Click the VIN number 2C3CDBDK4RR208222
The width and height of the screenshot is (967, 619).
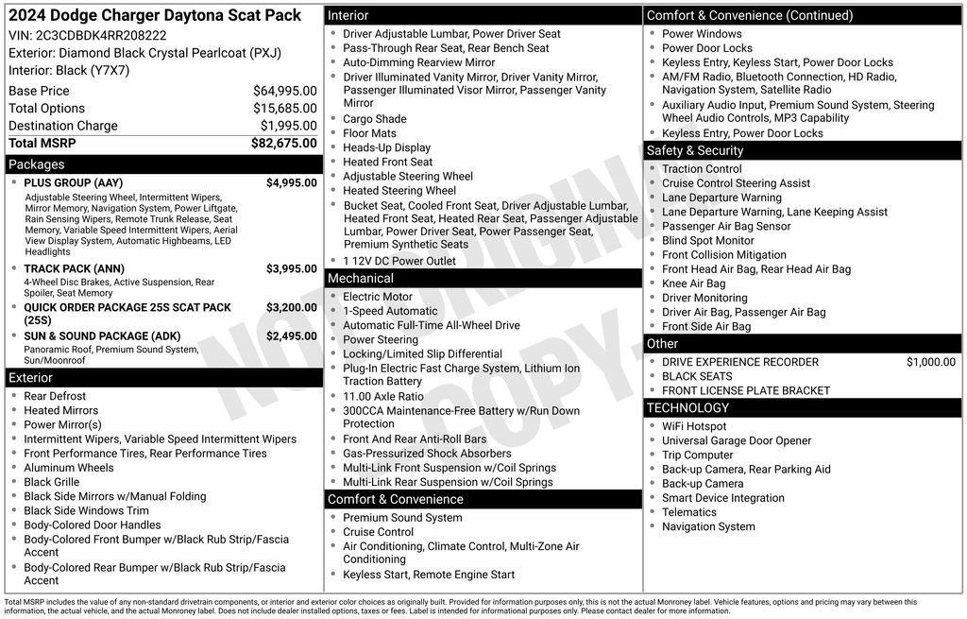coord(100,35)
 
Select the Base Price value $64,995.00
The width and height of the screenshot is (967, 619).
coord(284,91)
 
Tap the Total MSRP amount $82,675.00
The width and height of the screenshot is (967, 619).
coord(283,143)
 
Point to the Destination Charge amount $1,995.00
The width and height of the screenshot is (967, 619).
coord(288,126)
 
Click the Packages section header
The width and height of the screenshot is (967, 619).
coord(37,164)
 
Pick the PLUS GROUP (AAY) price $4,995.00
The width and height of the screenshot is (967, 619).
coord(291,183)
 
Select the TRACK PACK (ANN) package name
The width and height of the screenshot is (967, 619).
coord(74,268)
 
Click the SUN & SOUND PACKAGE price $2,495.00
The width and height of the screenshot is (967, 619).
coord(291,336)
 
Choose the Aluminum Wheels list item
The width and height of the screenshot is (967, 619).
coord(69,468)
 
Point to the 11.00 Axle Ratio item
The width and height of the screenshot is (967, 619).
coord(383,397)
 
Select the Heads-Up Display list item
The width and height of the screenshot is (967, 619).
coord(386,147)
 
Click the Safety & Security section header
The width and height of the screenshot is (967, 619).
coord(694,150)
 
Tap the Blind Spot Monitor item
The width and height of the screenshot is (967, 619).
coord(707,241)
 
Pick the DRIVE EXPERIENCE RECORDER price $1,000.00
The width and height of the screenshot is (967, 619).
coord(930,362)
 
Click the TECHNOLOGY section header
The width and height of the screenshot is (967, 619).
coord(687,408)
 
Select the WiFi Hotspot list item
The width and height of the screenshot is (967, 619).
coord(694,426)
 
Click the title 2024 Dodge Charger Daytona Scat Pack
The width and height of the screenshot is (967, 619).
coord(155,15)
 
